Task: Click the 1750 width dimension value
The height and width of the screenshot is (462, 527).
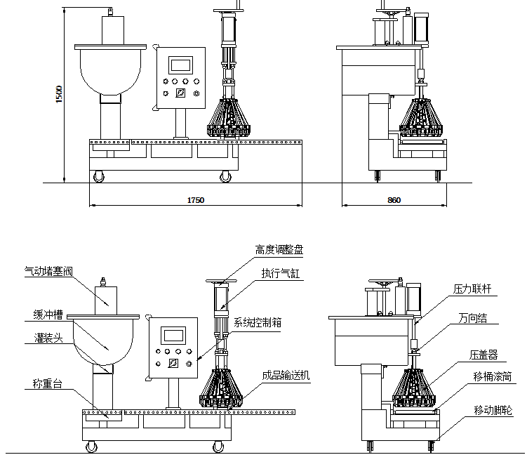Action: point(195,200)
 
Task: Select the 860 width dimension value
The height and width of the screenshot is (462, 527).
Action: point(394,200)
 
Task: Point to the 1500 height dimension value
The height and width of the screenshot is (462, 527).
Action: point(60,95)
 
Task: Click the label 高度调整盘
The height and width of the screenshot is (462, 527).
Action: point(279,249)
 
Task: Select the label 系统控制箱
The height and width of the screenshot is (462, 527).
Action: point(258,323)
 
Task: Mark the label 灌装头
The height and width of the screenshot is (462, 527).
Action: point(48,338)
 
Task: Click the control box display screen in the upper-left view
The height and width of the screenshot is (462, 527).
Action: point(181,65)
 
